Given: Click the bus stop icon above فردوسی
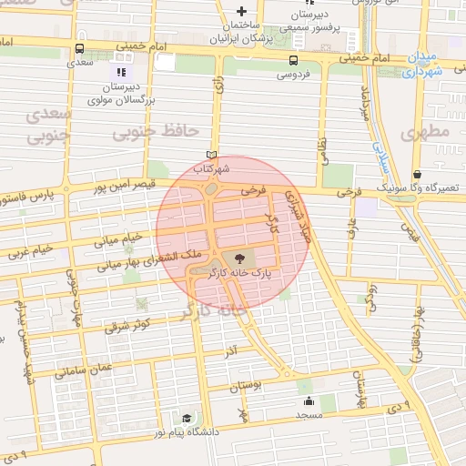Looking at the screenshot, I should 293,61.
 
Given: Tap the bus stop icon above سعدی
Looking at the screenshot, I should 80,49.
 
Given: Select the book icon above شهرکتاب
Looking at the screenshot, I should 212,156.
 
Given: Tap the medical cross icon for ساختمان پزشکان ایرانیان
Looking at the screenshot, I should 240,11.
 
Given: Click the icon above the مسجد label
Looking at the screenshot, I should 308,401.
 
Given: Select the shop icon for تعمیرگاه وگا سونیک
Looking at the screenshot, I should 417,174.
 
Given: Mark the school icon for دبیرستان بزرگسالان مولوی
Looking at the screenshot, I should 120,70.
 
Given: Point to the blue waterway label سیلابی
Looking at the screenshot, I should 383,160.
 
